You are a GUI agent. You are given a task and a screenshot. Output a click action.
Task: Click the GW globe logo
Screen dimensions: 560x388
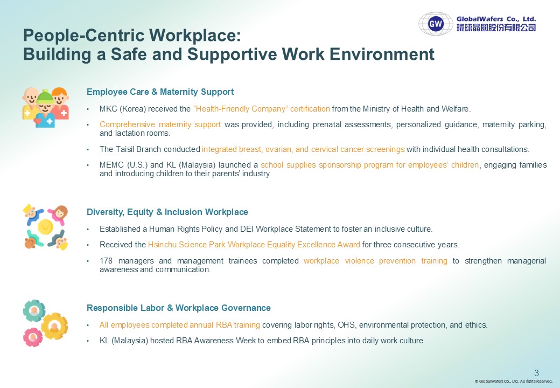pos(436,24)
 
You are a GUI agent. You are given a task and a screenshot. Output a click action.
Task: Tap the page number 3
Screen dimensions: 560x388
pos(536,373)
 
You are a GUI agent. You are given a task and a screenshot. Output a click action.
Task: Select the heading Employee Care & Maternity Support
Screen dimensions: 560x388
pos(160,92)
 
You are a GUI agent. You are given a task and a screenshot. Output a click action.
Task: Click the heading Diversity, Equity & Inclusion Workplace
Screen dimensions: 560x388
pos(167,212)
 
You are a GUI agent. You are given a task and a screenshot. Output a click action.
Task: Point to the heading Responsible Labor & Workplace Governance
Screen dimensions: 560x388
pos(179,308)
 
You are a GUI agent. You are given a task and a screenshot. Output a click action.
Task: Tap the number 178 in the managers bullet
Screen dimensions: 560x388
pos(106,261)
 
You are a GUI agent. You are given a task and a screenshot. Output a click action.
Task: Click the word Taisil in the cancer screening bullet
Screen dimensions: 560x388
pos(125,149)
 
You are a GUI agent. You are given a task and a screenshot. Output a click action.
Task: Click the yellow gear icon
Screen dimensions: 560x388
pos(54,326)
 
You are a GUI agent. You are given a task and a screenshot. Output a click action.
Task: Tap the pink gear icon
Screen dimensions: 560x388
pos(33,337)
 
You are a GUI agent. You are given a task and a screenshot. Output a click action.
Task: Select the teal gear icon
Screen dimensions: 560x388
pos(34,310)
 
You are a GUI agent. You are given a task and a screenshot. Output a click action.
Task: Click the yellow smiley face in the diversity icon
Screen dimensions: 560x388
pos(45,226)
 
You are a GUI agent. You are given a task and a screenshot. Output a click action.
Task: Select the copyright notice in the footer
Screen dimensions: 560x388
pos(514,381)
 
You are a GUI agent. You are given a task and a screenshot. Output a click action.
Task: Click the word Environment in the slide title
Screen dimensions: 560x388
pos(382,54)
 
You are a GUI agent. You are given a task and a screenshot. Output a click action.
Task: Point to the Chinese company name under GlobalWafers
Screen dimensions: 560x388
pos(496,27)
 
